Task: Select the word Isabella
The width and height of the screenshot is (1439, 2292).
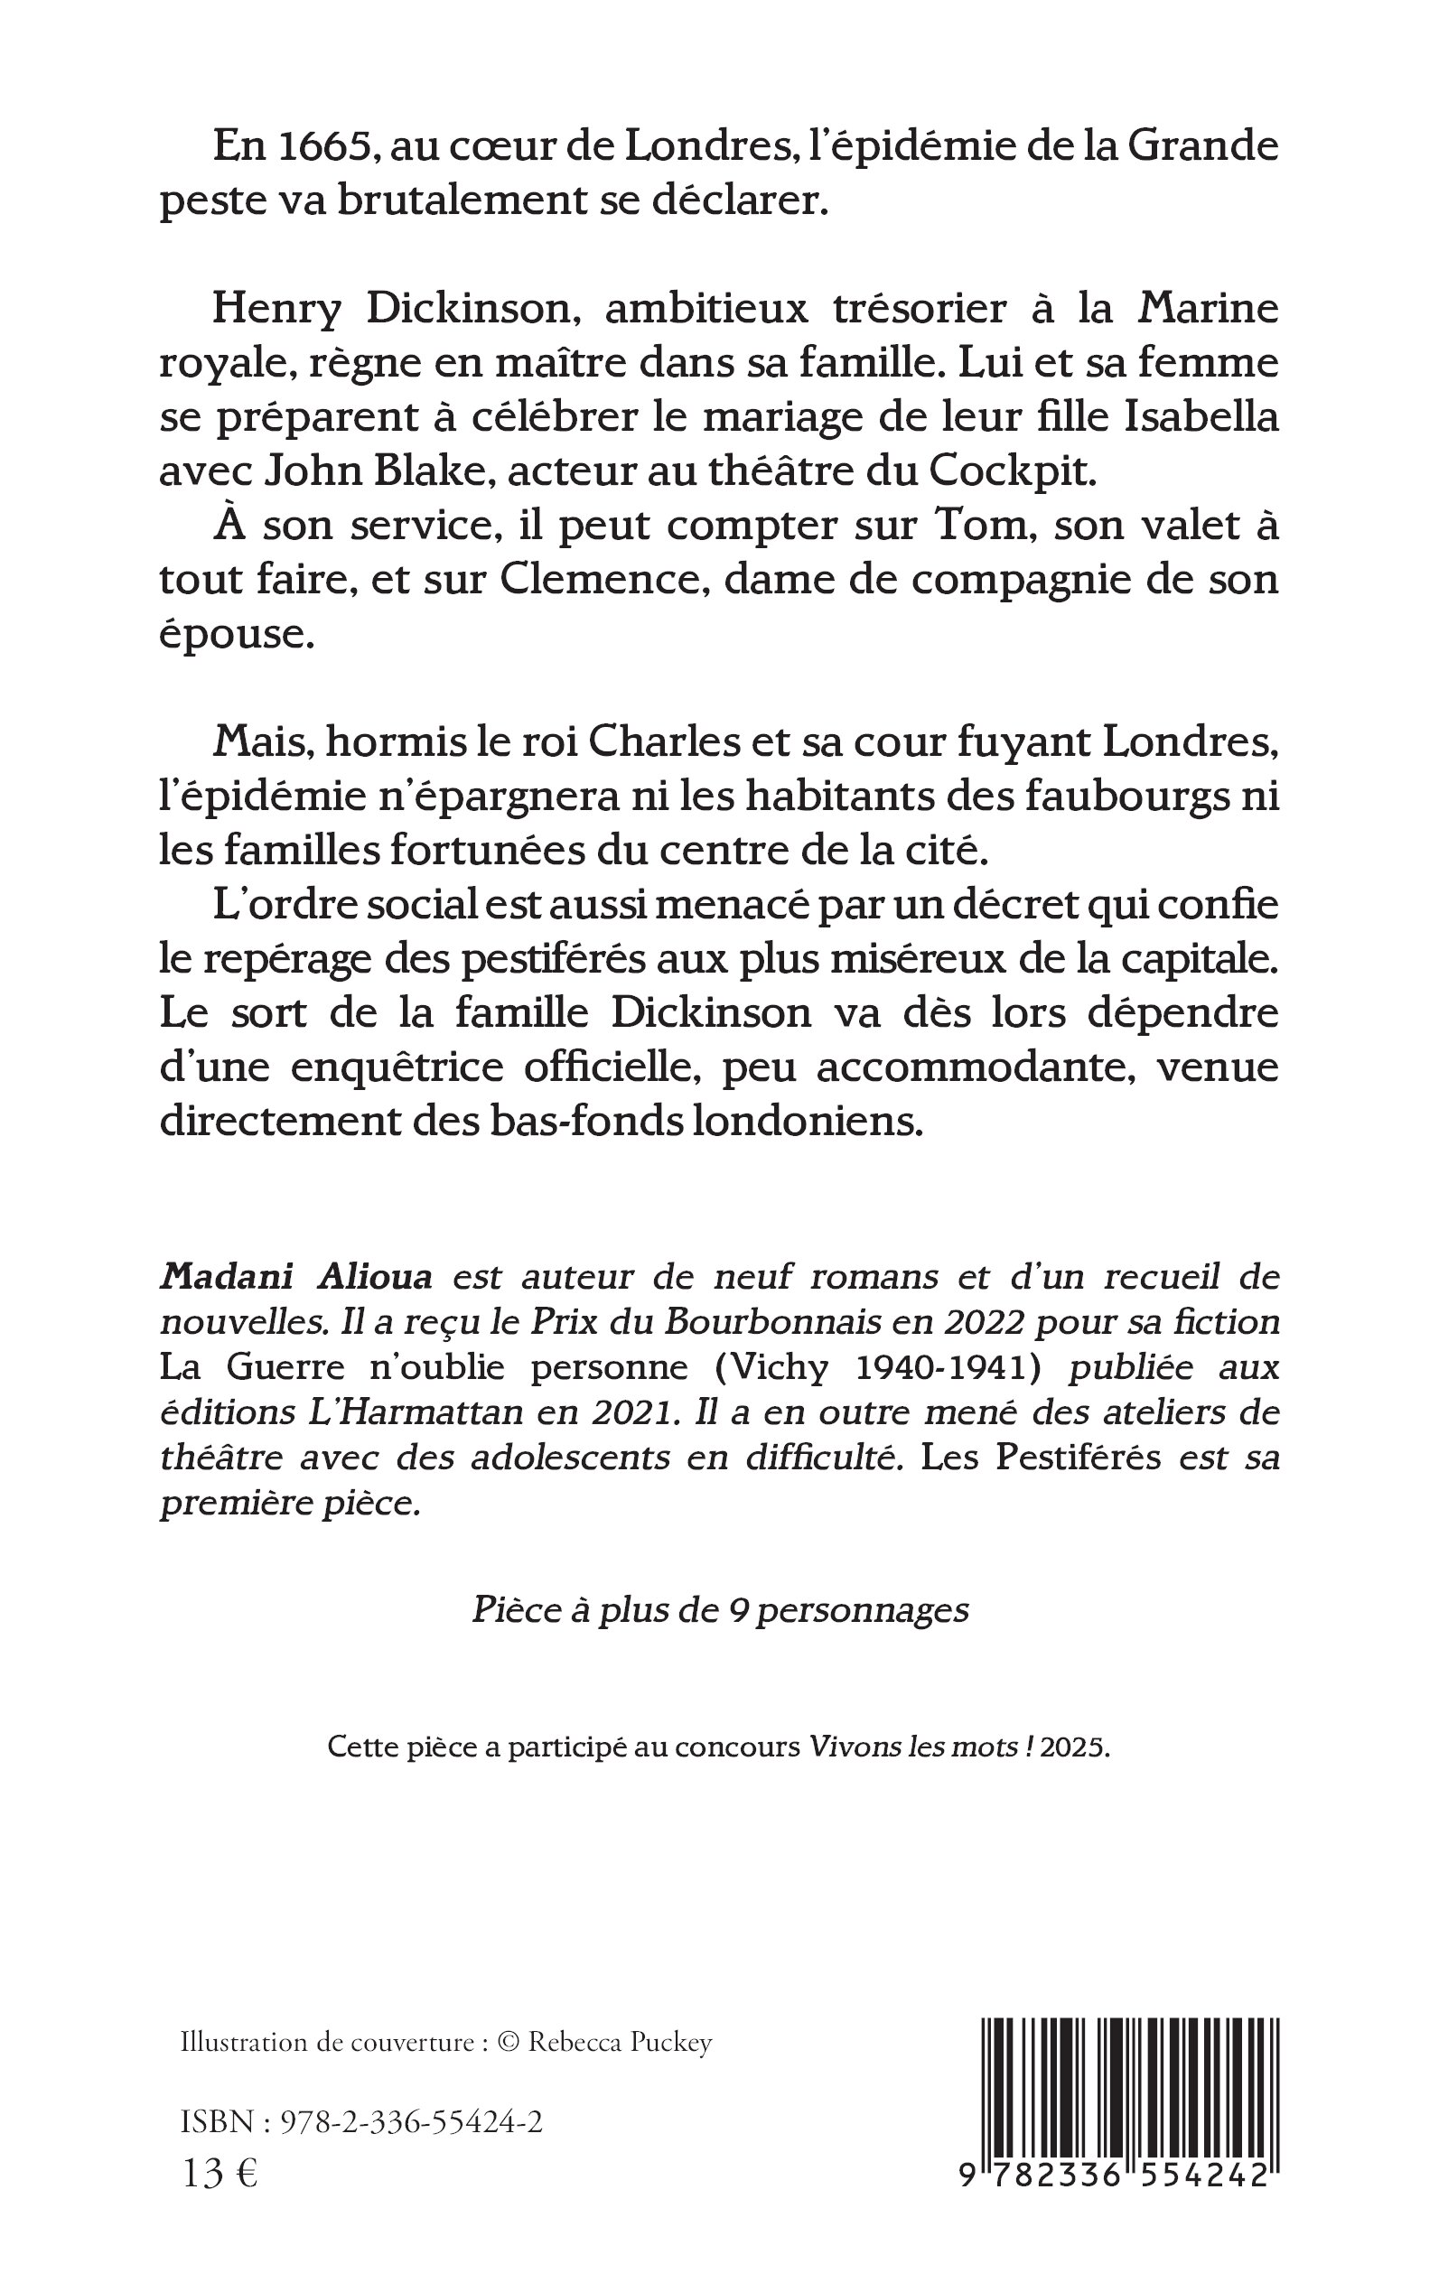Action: [1201, 418]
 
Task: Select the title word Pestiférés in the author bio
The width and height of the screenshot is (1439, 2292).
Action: [1079, 1457]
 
